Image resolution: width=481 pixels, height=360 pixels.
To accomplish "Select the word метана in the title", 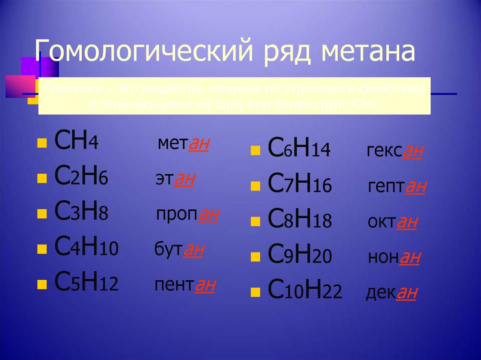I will click(368, 52).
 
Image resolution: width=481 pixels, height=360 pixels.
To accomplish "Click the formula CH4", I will click(76, 141).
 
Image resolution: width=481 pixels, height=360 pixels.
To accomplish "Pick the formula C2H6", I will click(81, 178).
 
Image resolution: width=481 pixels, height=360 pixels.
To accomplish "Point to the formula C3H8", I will click(81, 213).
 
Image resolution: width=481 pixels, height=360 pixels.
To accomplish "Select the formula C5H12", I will click(86, 283).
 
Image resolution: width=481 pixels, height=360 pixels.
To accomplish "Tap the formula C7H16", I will click(300, 185).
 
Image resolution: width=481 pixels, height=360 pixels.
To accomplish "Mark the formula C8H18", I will click(300, 221).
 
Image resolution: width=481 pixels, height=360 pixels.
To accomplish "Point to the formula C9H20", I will click(300, 256).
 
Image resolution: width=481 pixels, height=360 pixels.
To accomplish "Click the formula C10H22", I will click(304, 292).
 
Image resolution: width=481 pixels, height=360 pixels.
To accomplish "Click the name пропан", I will click(187, 214).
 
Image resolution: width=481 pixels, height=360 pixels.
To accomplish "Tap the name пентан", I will click(185, 285).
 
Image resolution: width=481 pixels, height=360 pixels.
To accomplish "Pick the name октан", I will click(393, 222).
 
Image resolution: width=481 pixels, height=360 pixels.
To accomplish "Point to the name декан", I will click(391, 293).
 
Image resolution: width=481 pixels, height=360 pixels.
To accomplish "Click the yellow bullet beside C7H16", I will click(256, 187).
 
